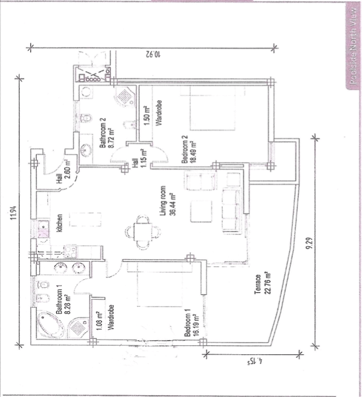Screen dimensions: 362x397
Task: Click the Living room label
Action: tap(163, 201)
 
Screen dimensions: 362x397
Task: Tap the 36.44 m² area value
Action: tap(173, 204)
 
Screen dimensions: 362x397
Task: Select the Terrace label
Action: tap(258, 284)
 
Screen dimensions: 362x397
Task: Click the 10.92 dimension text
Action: tap(153, 54)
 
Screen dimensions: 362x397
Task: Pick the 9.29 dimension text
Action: tap(310, 243)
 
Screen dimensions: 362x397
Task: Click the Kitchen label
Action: tap(59, 223)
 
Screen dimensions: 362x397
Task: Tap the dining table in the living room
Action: tap(143, 232)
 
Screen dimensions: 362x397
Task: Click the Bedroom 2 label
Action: tap(185, 150)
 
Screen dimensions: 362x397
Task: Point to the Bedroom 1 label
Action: tap(188, 325)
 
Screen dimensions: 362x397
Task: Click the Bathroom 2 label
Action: tap(103, 133)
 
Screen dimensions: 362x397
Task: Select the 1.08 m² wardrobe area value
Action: tap(99, 321)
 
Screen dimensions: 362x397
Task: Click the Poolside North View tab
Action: tap(353, 46)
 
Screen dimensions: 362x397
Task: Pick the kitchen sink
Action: tap(44, 229)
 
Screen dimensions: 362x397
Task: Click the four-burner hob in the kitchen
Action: tap(71, 251)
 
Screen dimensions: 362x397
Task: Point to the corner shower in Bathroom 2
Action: tap(124, 97)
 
